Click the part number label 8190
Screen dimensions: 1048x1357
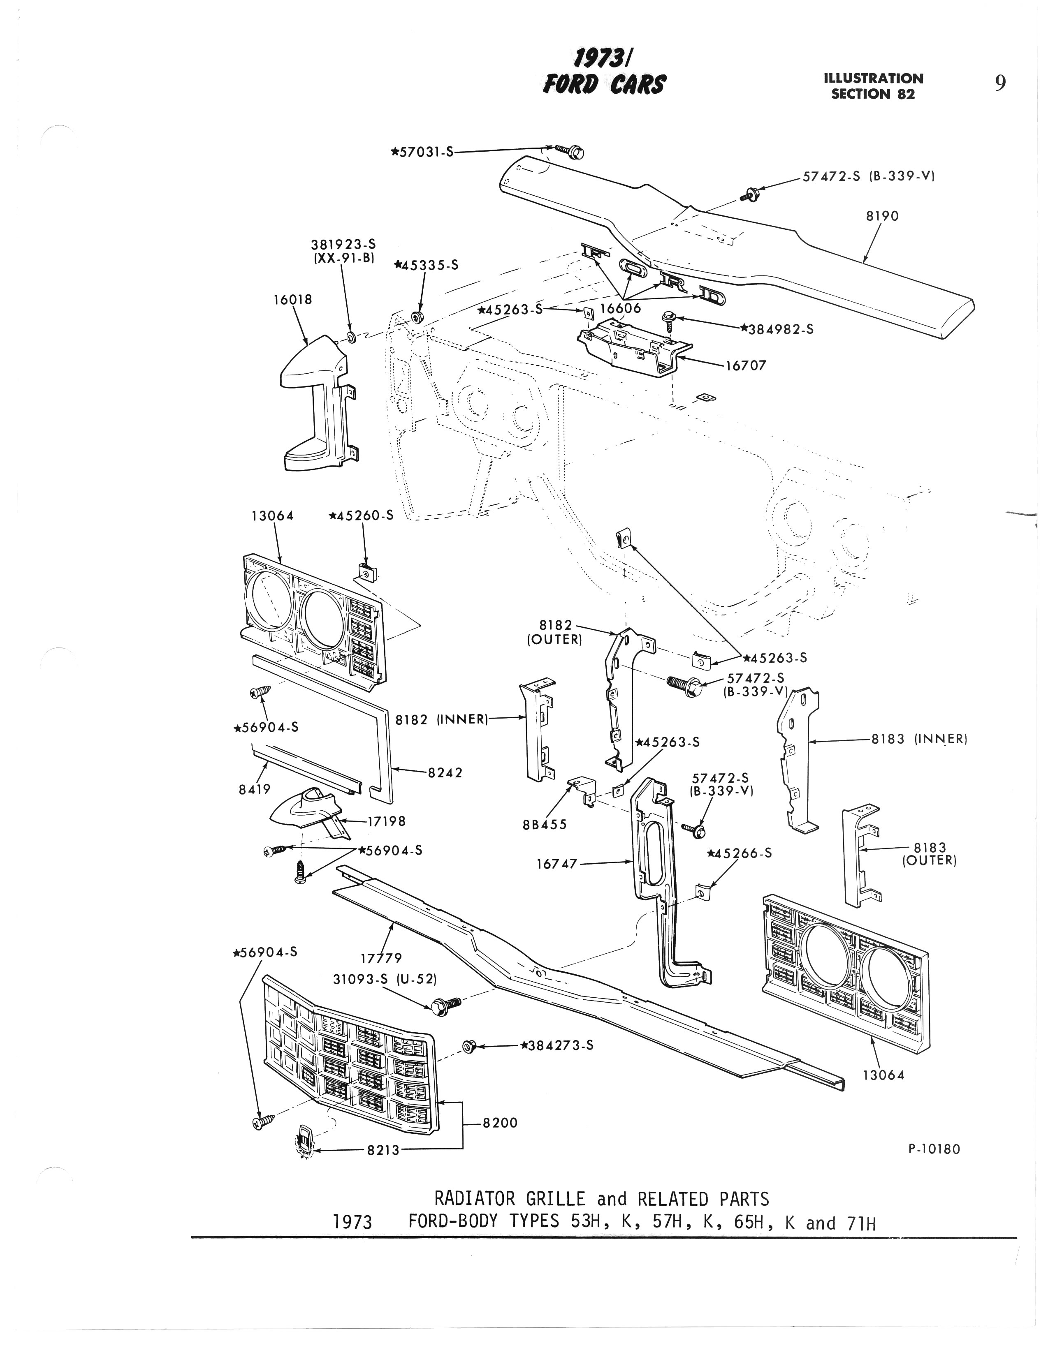point(882,216)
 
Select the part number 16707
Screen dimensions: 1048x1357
point(746,366)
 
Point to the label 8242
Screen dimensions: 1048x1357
point(445,772)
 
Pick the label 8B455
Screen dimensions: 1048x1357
point(545,825)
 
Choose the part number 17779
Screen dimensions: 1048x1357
point(381,958)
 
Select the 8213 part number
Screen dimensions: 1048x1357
point(383,1150)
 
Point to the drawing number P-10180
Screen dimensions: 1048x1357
point(934,1149)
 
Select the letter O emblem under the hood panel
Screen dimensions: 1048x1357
point(631,268)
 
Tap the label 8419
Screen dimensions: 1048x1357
point(255,789)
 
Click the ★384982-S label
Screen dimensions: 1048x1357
point(777,329)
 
